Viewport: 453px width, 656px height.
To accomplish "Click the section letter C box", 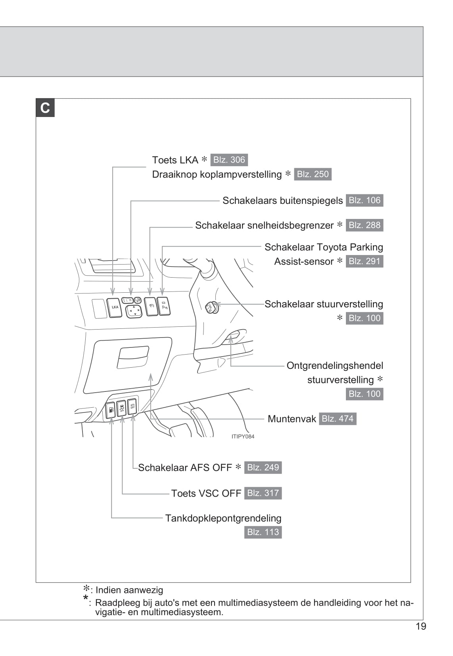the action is [x=45, y=108].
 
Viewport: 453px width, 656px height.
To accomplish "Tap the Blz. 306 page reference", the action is [x=229, y=160].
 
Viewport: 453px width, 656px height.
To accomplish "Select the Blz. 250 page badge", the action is [x=313, y=174].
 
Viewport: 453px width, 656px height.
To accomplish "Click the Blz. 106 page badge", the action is [x=364, y=200].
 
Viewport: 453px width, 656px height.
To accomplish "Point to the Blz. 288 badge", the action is [x=364, y=225].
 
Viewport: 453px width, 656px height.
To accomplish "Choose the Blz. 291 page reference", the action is [x=364, y=261].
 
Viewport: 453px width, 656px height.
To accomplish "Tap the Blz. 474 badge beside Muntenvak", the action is [x=338, y=419].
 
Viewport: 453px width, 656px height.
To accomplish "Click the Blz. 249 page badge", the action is [x=263, y=467].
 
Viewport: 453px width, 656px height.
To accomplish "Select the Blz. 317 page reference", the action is [x=263, y=493].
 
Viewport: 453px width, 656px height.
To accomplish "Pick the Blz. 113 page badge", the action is [x=263, y=532].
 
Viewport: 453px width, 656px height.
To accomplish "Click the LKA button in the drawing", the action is [x=114, y=307].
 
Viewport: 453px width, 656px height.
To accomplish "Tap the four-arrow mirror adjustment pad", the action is [x=134, y=311].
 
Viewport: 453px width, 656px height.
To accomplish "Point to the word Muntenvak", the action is [x=292, y=419].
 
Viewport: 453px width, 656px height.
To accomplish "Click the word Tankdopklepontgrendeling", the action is [x=223, y=518].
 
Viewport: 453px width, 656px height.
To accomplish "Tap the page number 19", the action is [x=421, y=626].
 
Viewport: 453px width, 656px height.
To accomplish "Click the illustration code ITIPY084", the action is [x=243, y=436].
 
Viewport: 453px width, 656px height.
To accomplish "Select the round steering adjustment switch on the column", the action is [x=211, y=307].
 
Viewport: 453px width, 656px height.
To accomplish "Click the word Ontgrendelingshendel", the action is [x=335, y=366].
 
